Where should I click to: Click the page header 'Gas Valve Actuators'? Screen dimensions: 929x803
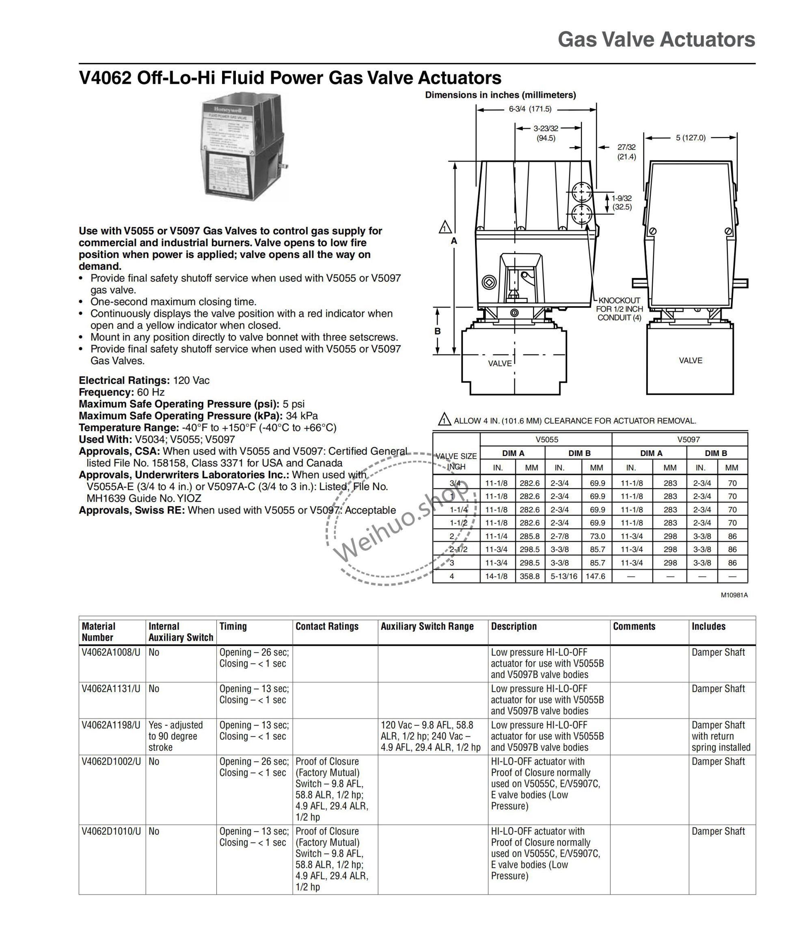point(656,40)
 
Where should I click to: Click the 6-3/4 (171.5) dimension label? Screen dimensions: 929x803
point(530,109)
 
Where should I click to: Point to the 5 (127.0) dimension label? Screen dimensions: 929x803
point(691,138)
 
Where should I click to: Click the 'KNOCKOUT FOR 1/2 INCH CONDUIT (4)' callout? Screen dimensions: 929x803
point(619,309)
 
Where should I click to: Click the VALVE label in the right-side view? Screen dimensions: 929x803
point(691,361)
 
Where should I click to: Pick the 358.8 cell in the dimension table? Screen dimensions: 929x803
point(529,576)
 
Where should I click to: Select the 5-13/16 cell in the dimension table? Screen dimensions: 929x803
point(564,576)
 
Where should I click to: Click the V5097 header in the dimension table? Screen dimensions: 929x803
point(689,439)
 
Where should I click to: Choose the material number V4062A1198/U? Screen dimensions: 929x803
point(111,725)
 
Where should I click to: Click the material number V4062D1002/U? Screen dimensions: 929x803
point(111,761)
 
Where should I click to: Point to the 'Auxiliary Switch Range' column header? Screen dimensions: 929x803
point(427,626)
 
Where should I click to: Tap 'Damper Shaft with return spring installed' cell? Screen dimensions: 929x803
point(721,736)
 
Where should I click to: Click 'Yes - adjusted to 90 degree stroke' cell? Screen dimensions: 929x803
point(175,736)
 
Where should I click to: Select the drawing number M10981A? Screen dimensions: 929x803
point(734,596)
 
